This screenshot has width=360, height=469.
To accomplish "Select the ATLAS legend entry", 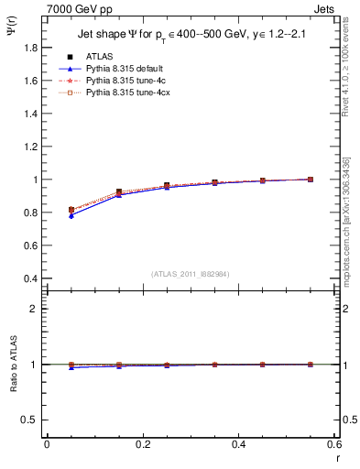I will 101,56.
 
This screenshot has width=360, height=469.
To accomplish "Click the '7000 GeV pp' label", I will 75,8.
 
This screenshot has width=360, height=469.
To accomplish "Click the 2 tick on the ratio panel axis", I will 35,309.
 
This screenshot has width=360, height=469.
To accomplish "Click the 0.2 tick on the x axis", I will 142,444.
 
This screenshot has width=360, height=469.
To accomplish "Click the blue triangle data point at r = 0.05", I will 71,215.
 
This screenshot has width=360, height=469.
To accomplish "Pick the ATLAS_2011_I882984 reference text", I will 190,274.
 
